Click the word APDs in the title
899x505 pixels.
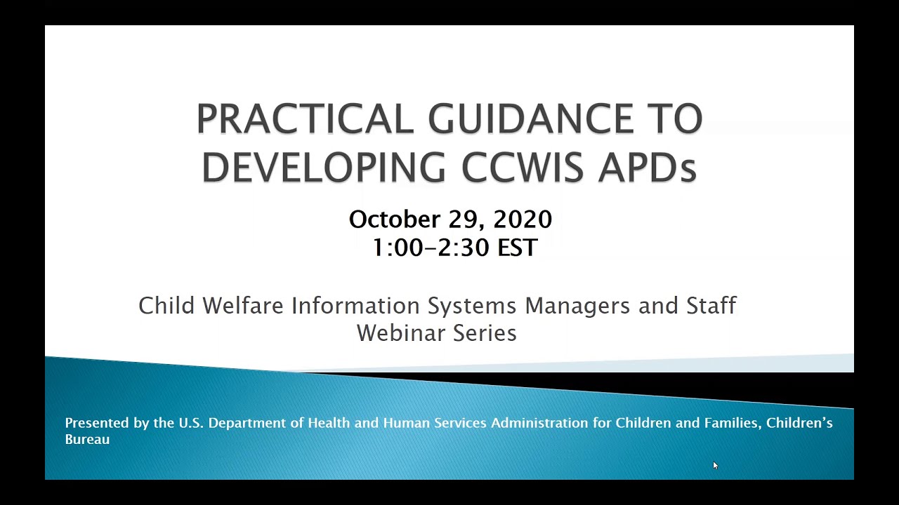pyautogui.click(x=647, y=168)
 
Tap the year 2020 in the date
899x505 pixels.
pyautogui.click(x=523, y=220)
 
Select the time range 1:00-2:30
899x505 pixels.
pyautogui.click(x=431, y=248)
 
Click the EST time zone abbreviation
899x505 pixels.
pyautogui.click(x=518, y=248)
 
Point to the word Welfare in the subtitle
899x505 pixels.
pyautogui.click(x=243, y=306)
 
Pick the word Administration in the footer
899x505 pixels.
pyautogui.click(x=539, y=423)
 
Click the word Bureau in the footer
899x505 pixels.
pyautogui.click(x=87, y=440)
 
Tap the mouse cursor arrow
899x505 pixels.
pyautogui.click(x=715, y=465)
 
